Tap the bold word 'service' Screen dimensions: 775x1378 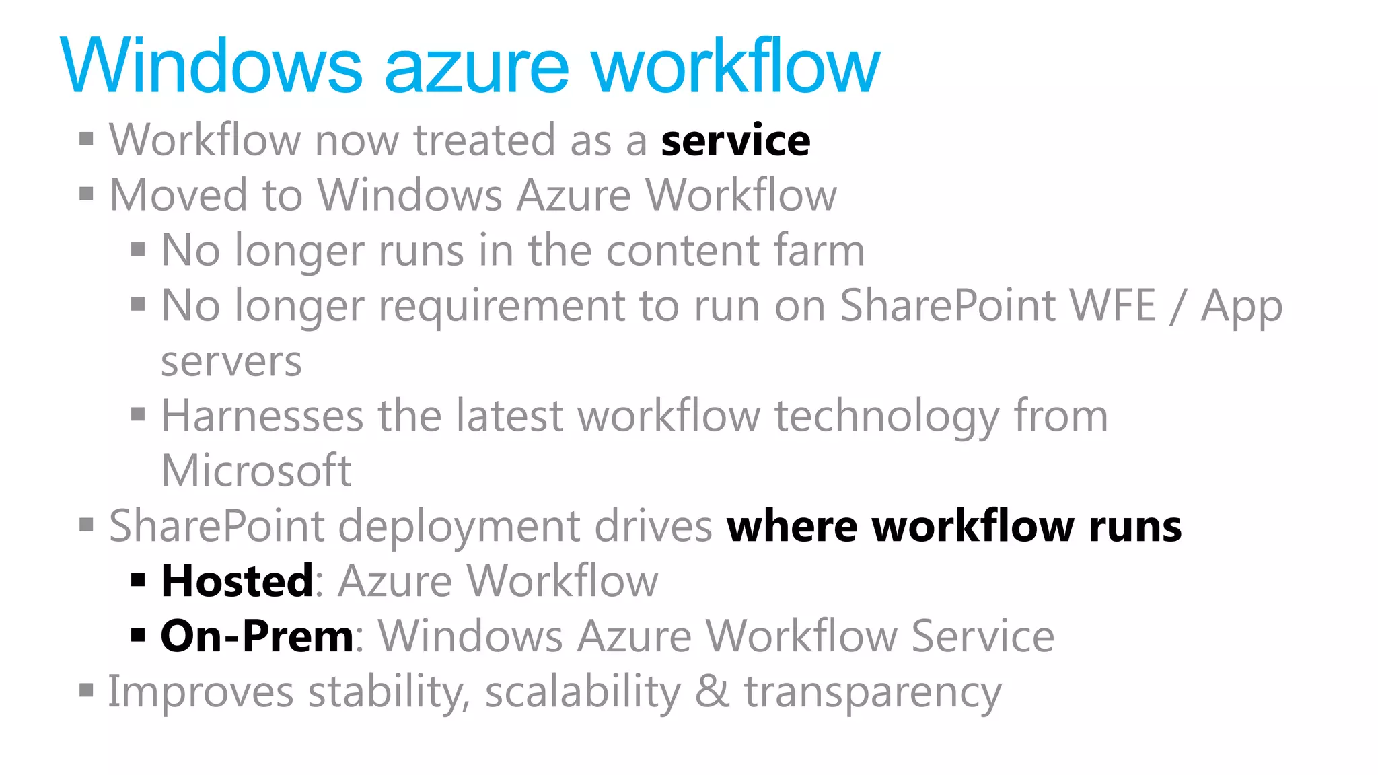(x=735, y=141)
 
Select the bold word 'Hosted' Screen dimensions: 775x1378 (x=237, y=581)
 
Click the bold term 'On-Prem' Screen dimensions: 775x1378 (x=257, y=636)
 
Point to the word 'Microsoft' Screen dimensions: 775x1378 (x=256, y=470)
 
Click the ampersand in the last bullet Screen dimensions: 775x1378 (x=712, y=692)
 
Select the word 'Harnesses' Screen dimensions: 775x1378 (x=262, y=416)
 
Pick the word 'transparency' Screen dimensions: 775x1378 (x=873, y=693)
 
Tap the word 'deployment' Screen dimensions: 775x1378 (x=458, y=526)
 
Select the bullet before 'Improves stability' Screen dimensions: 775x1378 (x=86, y=690)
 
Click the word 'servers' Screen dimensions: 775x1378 (x=231, y=362)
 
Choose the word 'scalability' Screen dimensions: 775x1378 (x=583, y=693)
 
